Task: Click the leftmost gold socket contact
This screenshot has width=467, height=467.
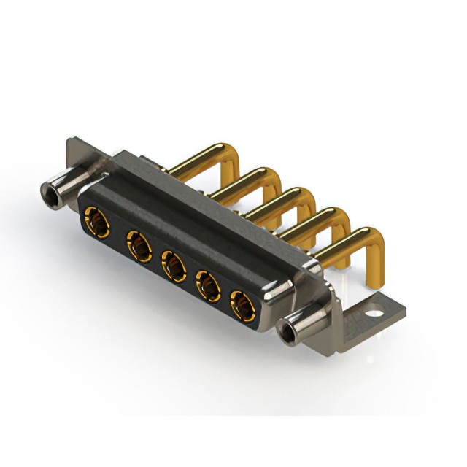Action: coord(95,219)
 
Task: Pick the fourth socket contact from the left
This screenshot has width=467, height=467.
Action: coord(209,285)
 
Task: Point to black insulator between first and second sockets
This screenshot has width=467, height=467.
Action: coord(115,232)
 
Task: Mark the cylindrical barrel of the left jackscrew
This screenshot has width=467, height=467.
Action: coord(66,182)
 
